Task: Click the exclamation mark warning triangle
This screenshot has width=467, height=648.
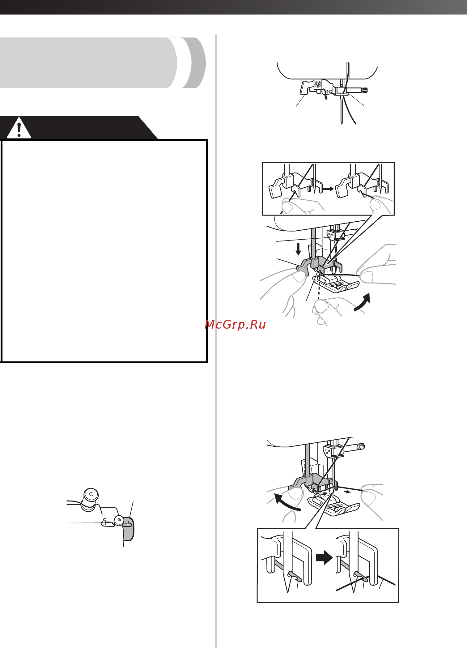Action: click(x=19, y=128)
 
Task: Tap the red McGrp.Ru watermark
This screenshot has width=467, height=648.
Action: click(x=235, y=325)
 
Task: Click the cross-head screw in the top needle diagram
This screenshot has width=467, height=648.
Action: click(x=317, y=83)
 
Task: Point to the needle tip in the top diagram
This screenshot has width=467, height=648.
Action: click(x=342, y=123)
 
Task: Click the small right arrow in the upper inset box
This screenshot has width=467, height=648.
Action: click(x=329, y=188)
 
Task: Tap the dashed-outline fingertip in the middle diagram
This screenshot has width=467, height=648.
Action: click(x=320, y=307)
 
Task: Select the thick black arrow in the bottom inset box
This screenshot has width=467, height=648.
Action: click(x=324, y=558)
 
